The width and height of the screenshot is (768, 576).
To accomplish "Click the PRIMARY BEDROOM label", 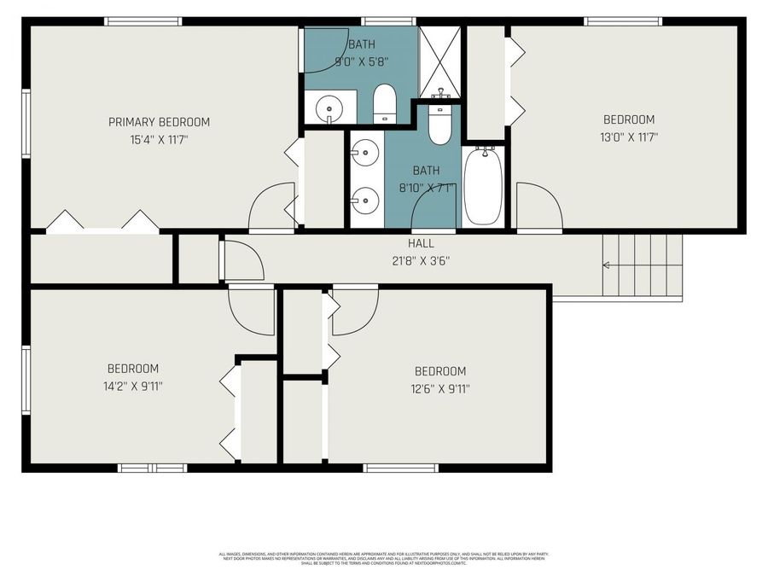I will tap(159, 122).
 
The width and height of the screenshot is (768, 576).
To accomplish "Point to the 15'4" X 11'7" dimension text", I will tap(159, 138).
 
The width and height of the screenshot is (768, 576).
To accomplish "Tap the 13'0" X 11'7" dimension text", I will tap(629, 137).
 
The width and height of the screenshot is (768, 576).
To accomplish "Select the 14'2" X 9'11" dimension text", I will tap(132, 386).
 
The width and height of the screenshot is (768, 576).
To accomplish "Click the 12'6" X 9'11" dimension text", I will tap(440, 388).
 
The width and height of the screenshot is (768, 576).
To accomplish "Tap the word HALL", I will tap(422, 244).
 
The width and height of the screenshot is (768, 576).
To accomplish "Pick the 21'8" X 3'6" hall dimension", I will tap(422, 260).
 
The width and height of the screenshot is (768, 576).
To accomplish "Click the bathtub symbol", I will tap(483, 185).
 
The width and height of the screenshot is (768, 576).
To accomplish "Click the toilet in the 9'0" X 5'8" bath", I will tap(385, 104).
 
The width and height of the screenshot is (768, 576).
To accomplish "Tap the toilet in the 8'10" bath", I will tap(439, 125).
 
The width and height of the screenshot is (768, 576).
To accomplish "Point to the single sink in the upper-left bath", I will tap(329, 108).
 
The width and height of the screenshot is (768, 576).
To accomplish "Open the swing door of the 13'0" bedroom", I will tap(538, 207).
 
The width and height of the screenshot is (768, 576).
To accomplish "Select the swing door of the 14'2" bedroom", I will tap(251, 309).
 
